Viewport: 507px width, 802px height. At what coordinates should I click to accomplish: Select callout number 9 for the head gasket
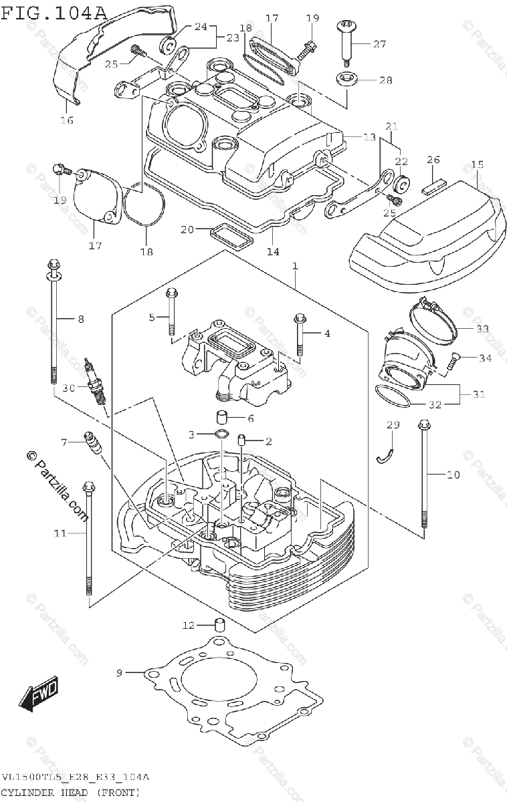[120, 672]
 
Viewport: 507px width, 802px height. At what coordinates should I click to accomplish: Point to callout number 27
[380, 44]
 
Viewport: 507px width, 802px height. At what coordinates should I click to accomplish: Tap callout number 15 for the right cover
[476, 164]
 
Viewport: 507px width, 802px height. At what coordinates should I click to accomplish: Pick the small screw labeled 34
[451, 362]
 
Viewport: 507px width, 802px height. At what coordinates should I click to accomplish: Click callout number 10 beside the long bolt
[453, 475]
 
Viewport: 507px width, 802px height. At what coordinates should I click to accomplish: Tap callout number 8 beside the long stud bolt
[81, 319]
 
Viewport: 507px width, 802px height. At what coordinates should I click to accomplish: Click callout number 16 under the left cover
[67, 120]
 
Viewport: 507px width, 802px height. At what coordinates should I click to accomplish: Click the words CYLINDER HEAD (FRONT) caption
[71, 793]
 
